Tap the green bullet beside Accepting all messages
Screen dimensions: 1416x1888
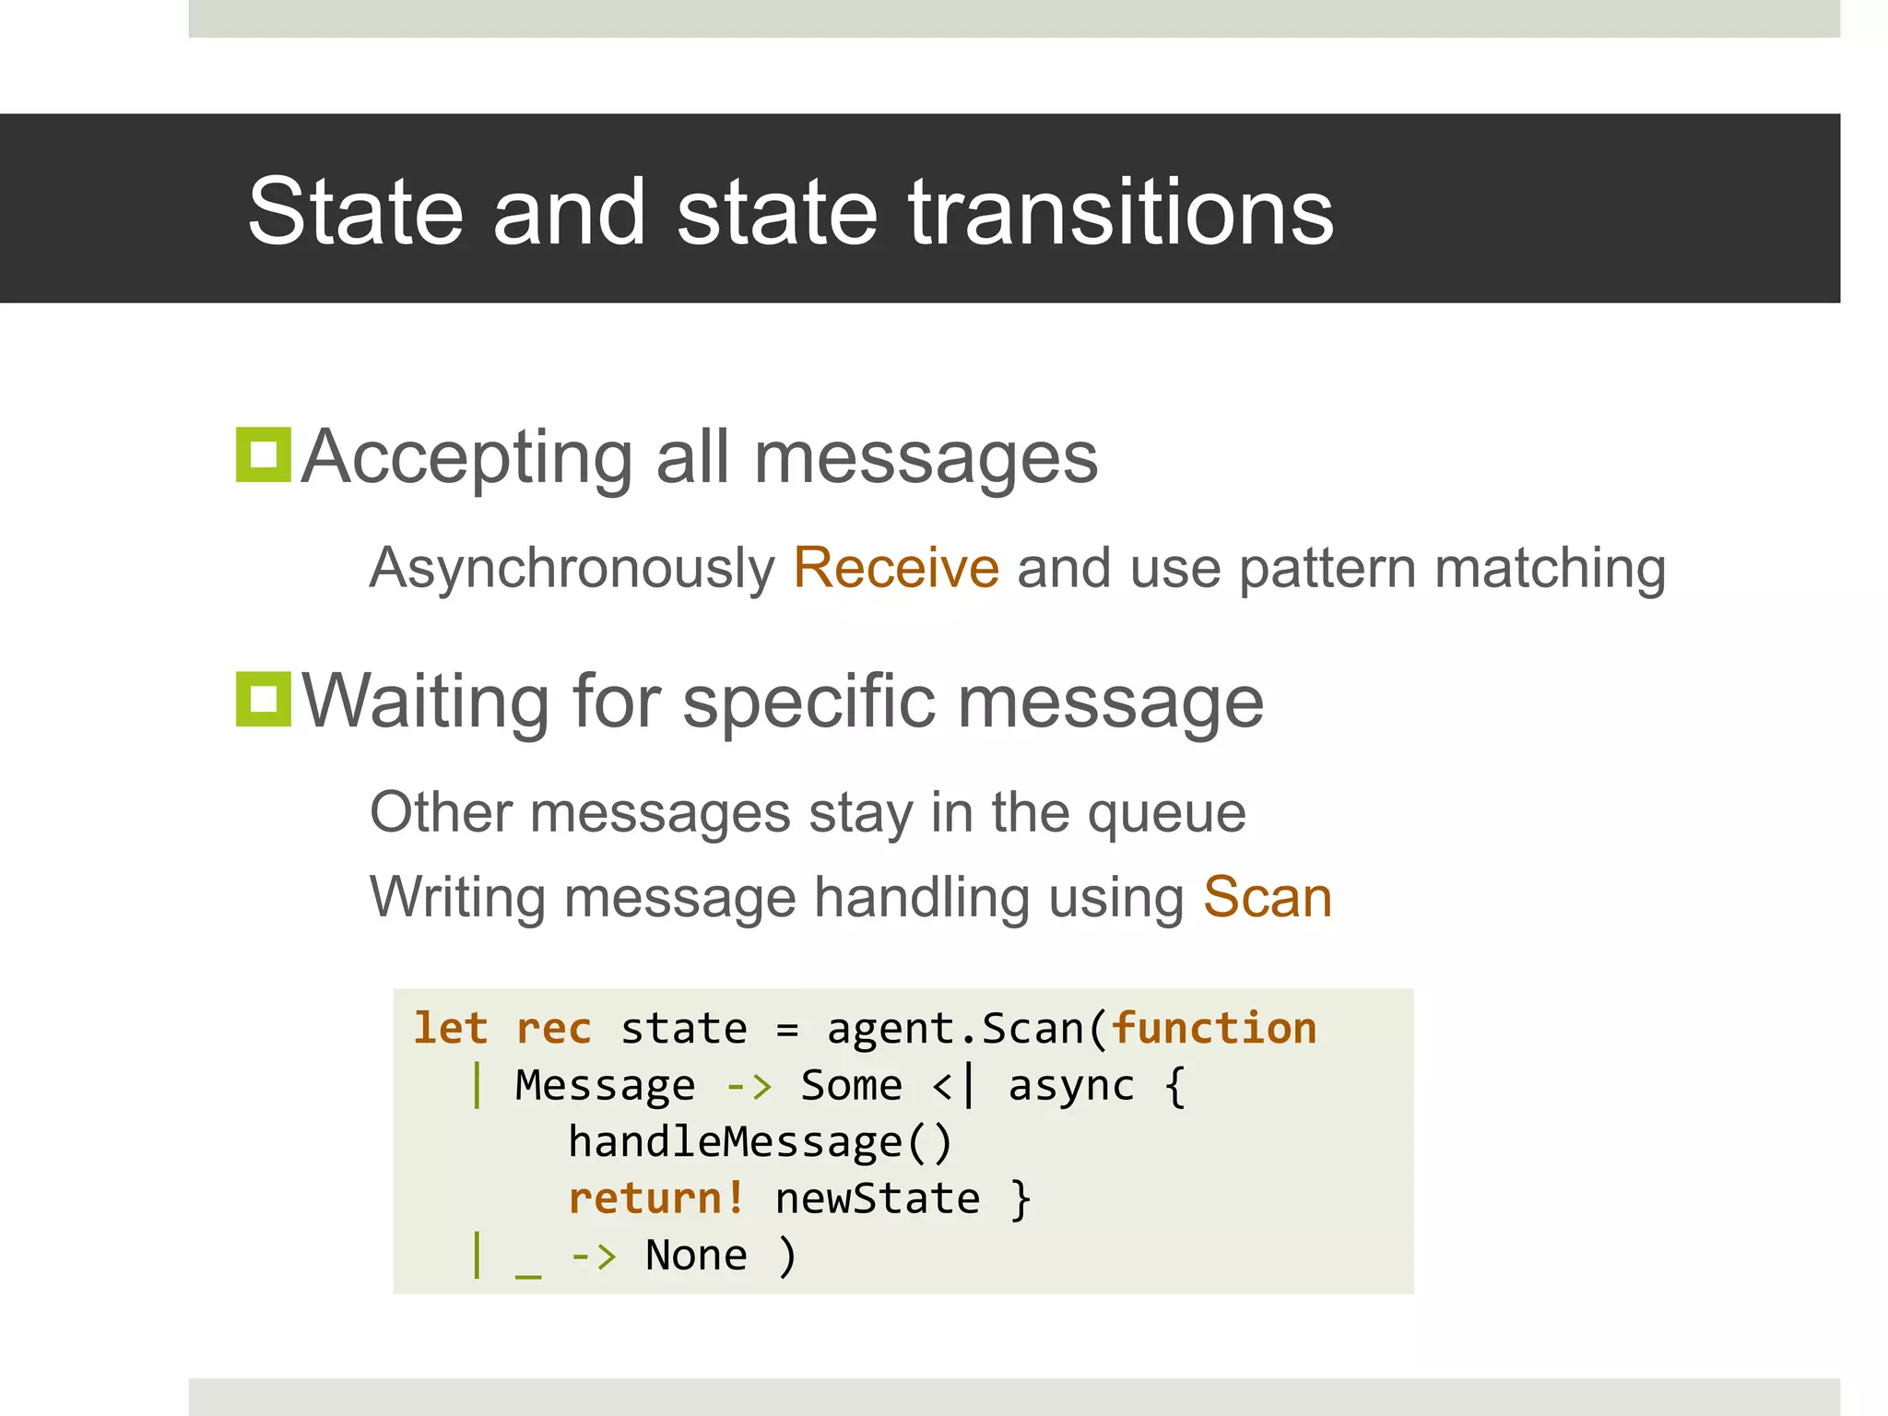[x=264, y=454]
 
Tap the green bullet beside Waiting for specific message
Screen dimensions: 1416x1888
[x=264, y=699]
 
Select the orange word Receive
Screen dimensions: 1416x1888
[x=896, y=567]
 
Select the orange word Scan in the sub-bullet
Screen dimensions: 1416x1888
[x=1268, y=897]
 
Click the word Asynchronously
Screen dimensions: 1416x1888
[x=572, y=569]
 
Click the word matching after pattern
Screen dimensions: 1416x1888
[x=1550, y=569]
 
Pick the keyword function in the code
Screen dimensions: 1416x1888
[x=1214, y=1028]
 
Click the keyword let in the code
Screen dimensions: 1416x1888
[x=450, y=1028]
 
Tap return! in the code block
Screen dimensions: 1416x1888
[x=656, y=1198]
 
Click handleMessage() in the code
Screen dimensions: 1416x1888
[x=760, y=1142]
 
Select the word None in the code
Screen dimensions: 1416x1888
[x=696, y=1256]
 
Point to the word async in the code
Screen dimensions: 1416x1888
[x=1070, y=1086]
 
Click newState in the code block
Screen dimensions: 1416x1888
[x=877, y=1198]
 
